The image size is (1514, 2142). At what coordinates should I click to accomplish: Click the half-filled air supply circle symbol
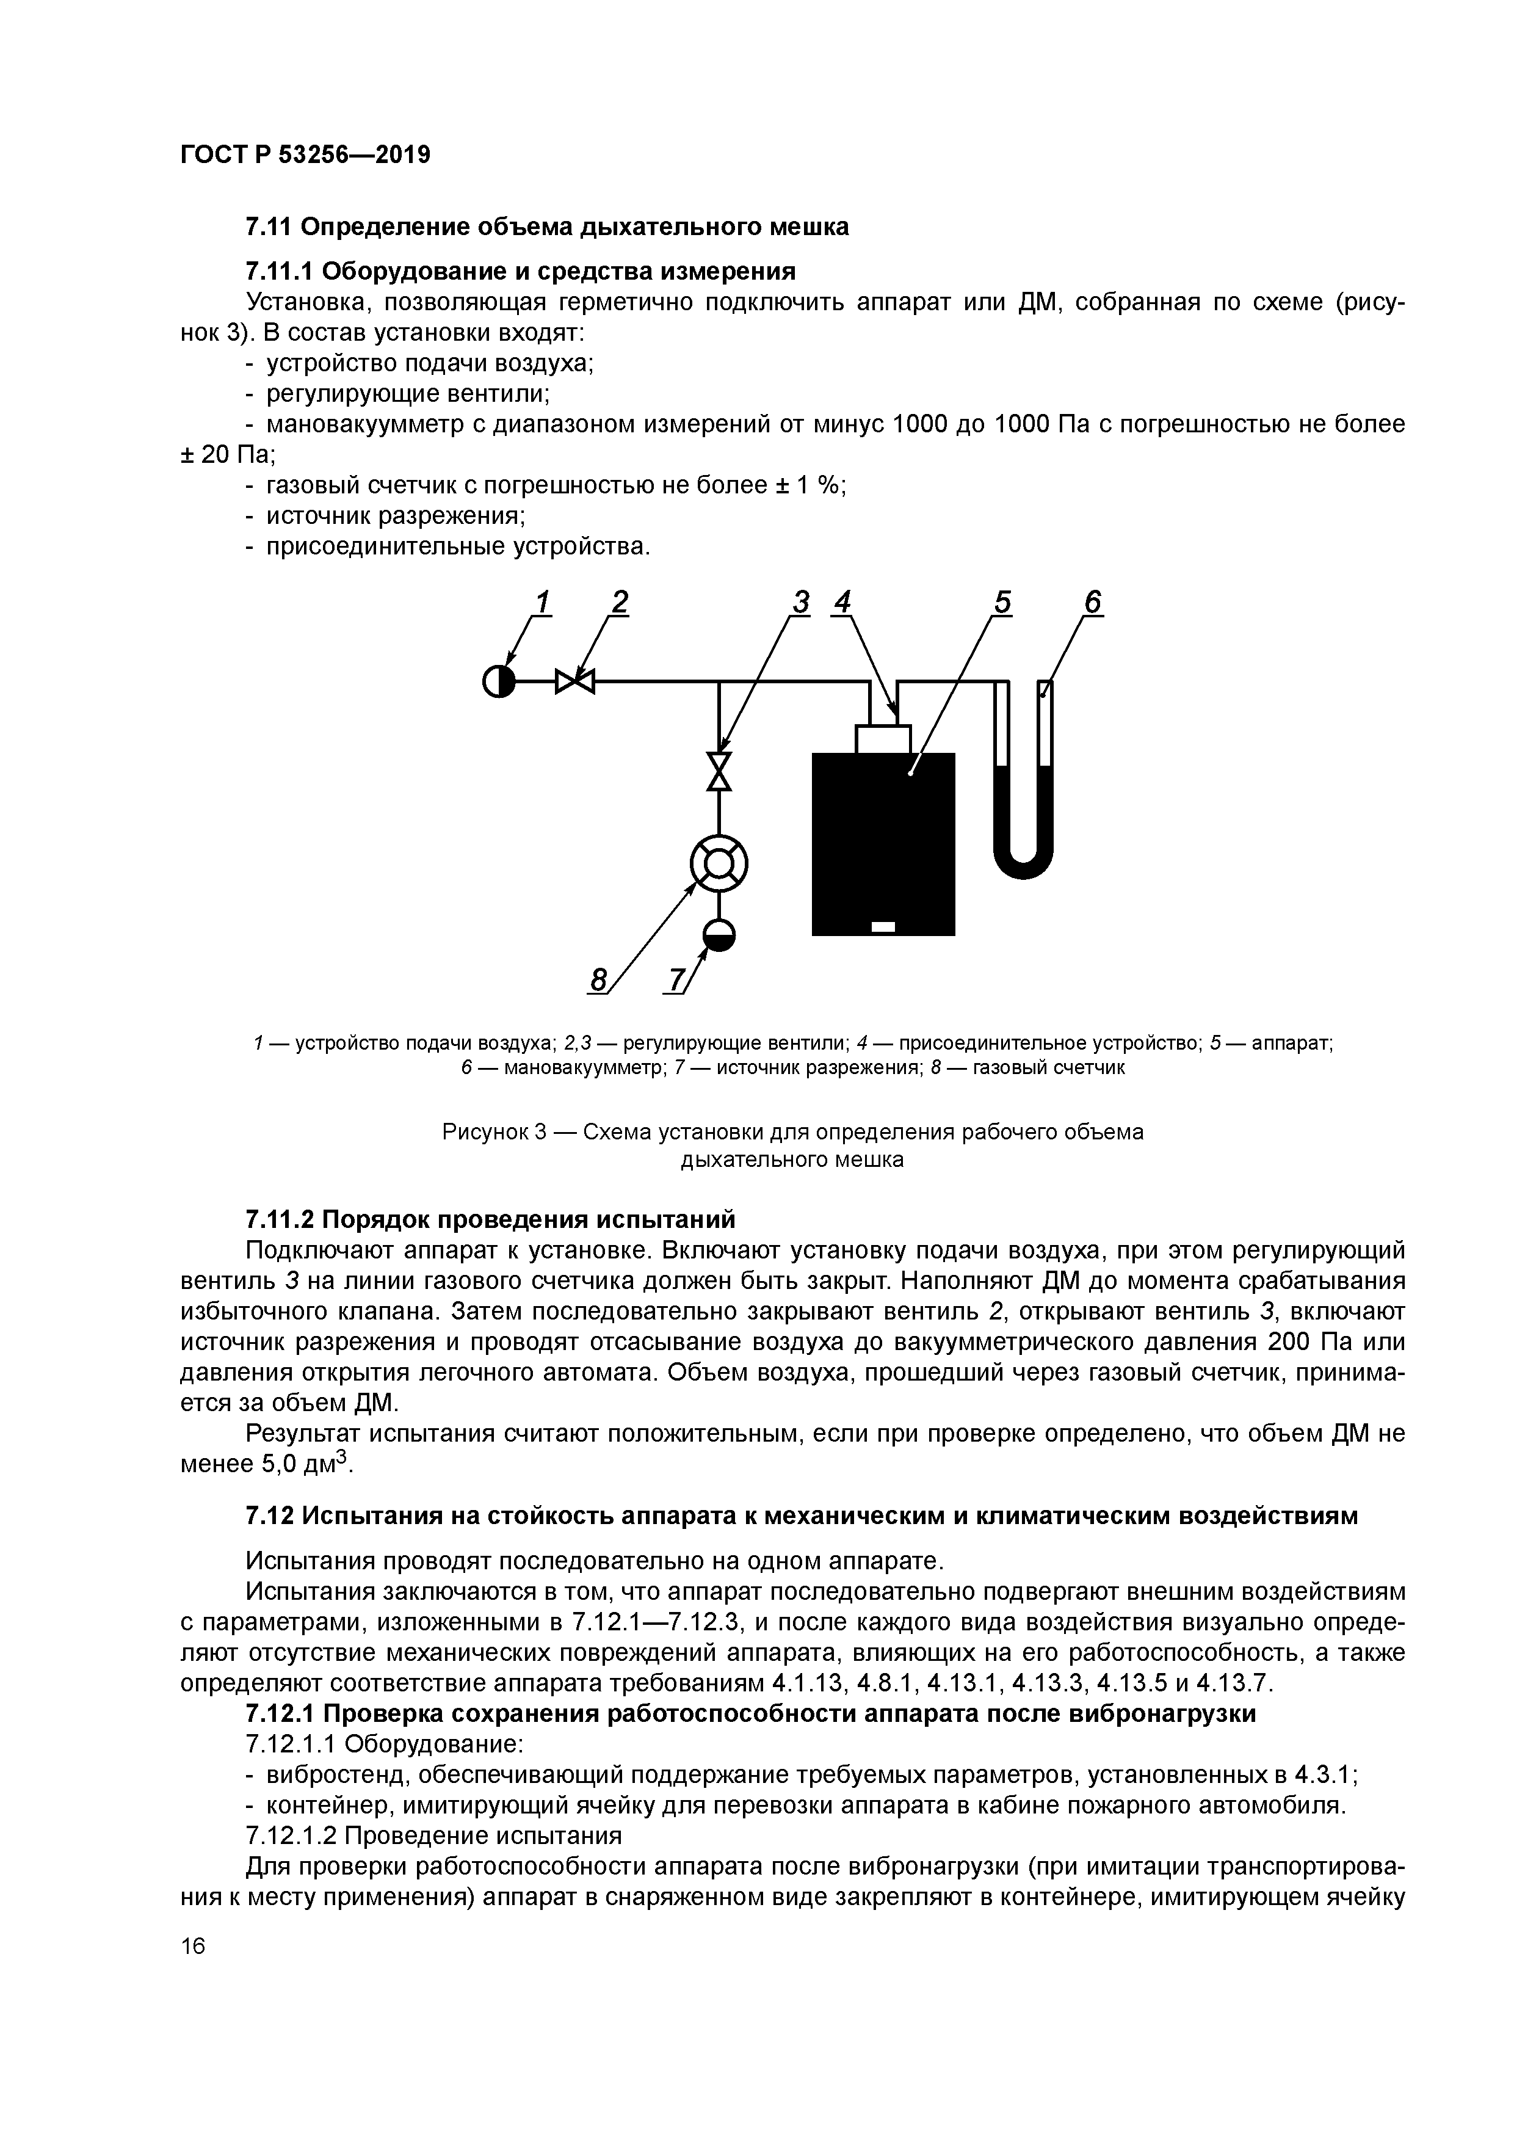point(499,682)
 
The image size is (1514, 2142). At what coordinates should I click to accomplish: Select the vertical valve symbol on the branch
point(719,771)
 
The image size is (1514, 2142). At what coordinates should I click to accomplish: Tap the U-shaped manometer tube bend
point(1023,863)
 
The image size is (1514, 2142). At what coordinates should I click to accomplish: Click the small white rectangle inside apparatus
point(883,926)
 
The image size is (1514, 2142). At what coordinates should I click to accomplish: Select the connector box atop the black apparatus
point(883,739)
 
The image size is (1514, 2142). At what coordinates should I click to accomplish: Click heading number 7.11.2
point(281,1219)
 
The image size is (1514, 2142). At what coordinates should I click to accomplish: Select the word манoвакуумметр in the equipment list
point(377,424)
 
